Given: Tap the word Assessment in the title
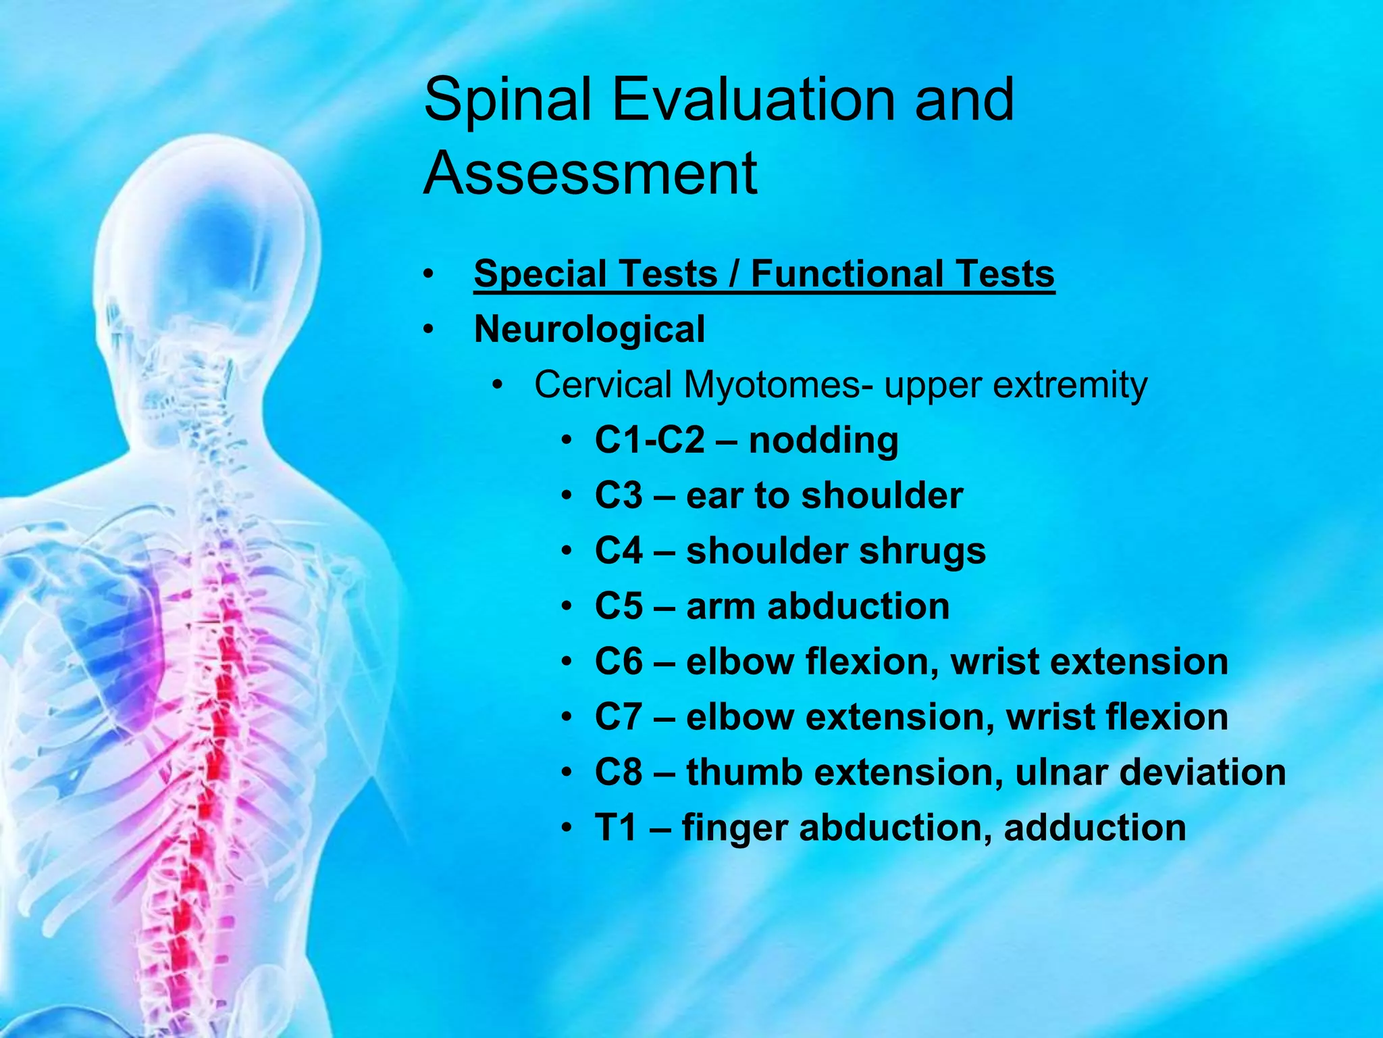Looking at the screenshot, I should (590, 173).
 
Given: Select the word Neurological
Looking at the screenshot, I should (589, 330).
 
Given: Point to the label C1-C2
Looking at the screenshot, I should (649, 441).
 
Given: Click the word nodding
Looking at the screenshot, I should (823, 441).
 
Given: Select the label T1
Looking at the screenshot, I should (615, 828).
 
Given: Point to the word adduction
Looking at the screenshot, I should (1094, 828).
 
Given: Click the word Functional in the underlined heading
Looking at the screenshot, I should (846, 274).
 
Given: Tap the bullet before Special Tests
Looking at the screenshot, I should (427, 275).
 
